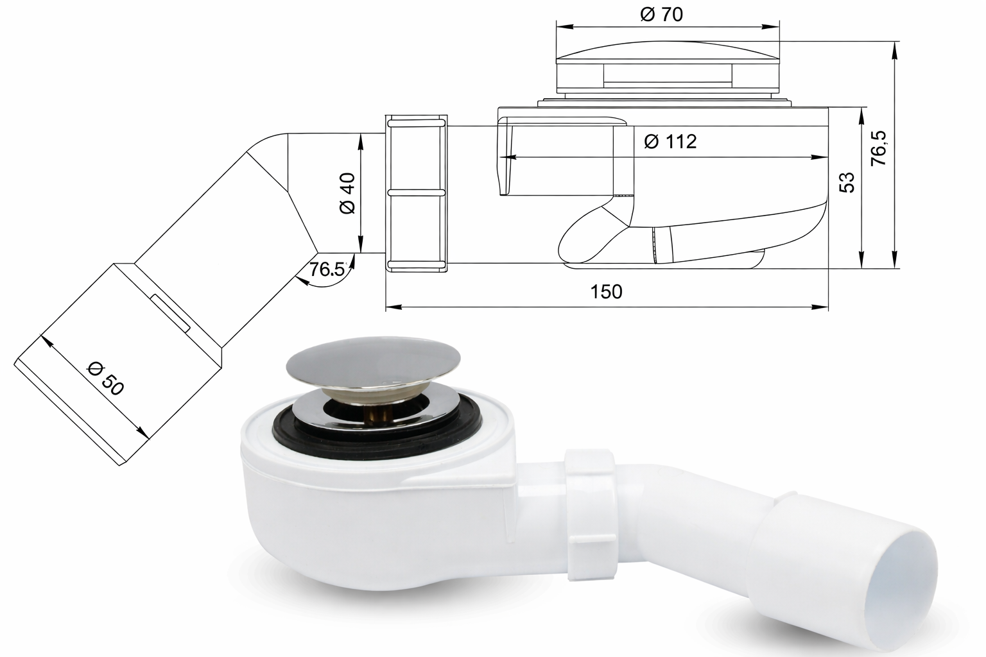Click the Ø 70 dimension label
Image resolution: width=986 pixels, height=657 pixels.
pos(661,14)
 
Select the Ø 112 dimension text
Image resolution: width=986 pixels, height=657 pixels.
pos(670,141)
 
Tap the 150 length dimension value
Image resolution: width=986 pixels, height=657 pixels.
pos(606,291)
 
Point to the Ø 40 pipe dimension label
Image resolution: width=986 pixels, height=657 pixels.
pos(347,193)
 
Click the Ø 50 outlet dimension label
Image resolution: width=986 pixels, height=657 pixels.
pos(106,379)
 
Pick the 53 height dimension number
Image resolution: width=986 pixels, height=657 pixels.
pos(847,182)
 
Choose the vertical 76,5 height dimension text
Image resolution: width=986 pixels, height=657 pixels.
pos(879,148)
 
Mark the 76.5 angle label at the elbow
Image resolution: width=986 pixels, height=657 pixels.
pos(327,269)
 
